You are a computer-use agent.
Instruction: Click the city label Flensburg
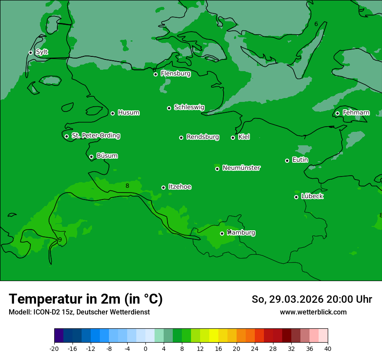click(x=175, y=74)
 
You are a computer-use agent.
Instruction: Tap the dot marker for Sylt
click(x=31, y=52)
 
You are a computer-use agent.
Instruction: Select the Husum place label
click(x=128, y=113)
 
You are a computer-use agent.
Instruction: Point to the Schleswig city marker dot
click(x=169, y=108)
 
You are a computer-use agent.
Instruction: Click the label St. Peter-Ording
click(x=95, y=136)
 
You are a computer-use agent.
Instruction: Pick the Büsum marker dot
click(x=91, y=157)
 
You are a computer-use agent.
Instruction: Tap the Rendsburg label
click(x=203, y=137)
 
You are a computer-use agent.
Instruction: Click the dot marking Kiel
click(x=233, y=137)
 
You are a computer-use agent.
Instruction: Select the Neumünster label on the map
click(x=241, y=168)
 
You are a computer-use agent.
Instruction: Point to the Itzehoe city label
click(x=180, y=187)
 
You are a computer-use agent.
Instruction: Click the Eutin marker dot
click(x=287, y=160)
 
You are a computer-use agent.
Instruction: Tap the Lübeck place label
click(x=312, y=196)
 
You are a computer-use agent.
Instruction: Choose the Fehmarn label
click(x=356, y=113)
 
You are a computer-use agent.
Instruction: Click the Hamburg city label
click(x=241, y=233)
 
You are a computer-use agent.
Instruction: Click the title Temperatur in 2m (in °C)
click(x=86, y=299)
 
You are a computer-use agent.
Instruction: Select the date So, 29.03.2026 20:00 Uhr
click(x=312, y=299)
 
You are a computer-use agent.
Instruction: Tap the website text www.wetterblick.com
click(x=313, y=312)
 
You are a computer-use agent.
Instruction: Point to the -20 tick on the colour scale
click(x=54, y=349)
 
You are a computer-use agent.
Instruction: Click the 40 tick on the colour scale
click(x=328, y=349)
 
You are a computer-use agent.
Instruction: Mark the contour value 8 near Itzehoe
click(x=127, y=186)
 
